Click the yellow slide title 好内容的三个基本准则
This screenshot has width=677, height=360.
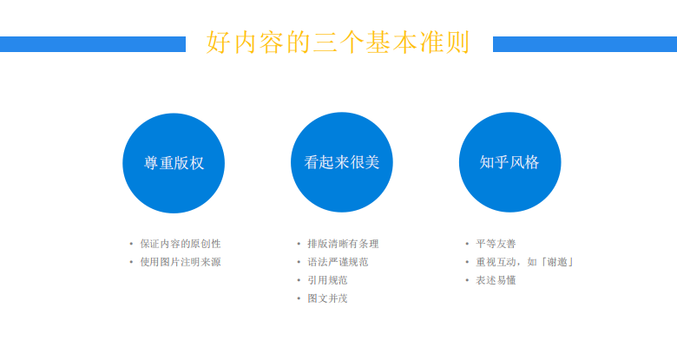[338, 43]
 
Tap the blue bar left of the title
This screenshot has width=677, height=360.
[93, 44]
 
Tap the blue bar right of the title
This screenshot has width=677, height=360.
[585, 44]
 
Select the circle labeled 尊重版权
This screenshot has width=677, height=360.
[174, 163]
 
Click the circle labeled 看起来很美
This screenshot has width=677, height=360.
[341, 162]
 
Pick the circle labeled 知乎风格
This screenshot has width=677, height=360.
[509, 162]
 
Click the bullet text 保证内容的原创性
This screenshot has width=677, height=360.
[181, 244]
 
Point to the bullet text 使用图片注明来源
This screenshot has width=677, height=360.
[181, 262]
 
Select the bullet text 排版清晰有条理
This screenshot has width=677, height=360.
[343, 244]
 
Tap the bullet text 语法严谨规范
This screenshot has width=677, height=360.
[338, 262]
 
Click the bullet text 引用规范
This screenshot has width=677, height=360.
[328, 280]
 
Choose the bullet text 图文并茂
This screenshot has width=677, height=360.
[328, 298]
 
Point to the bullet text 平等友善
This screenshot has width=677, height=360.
[496, 244]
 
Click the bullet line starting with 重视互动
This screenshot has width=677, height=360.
[524, 262]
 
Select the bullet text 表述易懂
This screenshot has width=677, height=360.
[496, 280]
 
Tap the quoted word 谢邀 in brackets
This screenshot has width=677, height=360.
[557, 262]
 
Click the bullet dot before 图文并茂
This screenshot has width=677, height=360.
[299, 298]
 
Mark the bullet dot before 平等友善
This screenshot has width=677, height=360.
[467, 244]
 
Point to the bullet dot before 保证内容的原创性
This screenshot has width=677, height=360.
[131, 244]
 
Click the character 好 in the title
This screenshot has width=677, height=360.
[218, 43]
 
